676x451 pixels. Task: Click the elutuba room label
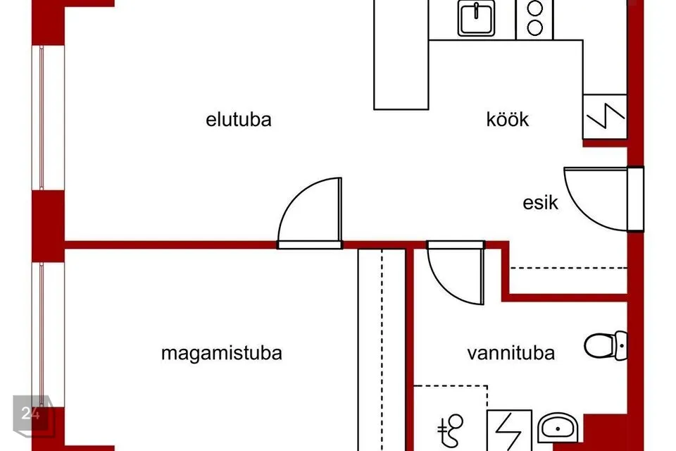tap(239, 120)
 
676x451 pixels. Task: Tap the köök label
tap(508, 120)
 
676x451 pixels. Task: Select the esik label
tap(540, 202)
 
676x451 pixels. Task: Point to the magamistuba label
tap(222, 353)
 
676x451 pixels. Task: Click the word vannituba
tap(511, 353)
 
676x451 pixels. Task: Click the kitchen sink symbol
tap(477, 18)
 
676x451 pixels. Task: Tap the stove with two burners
tap(534, 20)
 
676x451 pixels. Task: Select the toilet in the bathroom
tap(606, 345)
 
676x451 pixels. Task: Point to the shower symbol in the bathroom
tap(451, 429)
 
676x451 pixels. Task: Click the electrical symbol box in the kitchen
tap(605, 116)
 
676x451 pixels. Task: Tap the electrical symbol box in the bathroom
tap(509, 431)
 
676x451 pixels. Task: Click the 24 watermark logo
tap(33, 415)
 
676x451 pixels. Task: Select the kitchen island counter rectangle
tap(401, 54)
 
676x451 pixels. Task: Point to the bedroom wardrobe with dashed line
tap(382, 350)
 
